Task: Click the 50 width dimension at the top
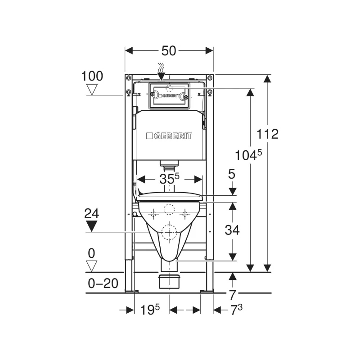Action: pyautogui.click(x=169, y=51)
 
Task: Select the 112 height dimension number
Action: pyautogui.click(x=267, y=134)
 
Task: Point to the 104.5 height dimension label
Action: pyautogui.click(x=248, y=155)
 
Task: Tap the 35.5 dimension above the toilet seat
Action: pyautogui.click(x=170, y=179)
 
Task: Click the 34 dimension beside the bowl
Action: pyautogui.click(x=232, y=230)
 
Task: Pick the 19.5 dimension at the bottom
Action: pyautogui.click(x=150, y=310)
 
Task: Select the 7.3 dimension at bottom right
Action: pyautogui.click(x=236, y=310)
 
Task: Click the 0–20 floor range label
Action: pyautogui.click(x=103, y=283)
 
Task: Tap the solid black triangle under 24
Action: pyautogui.click(x=92, y=226)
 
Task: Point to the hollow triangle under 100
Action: pyautogui.click(x=92, y=90)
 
